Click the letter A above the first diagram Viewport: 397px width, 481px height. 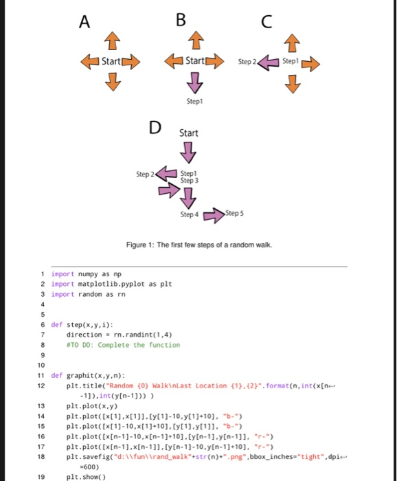[84, 22]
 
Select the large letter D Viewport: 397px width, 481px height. [155, 127]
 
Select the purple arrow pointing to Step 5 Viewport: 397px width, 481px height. [214, 214]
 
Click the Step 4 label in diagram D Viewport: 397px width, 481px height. [190, 215]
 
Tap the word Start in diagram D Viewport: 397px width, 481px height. [188, 133]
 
